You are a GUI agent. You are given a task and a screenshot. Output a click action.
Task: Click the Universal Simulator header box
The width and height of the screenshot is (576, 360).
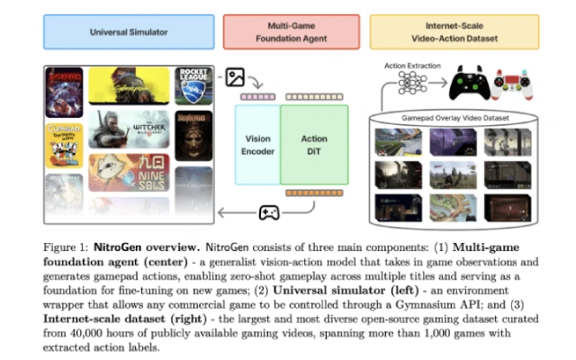coord(129,32)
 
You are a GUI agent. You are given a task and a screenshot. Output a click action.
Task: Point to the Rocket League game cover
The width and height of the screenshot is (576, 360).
coord(193,85)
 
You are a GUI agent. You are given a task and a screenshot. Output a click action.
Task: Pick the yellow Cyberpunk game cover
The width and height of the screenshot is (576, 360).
coord(130,85)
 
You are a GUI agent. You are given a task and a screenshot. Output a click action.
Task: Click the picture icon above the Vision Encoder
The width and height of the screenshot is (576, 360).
coord(236,77)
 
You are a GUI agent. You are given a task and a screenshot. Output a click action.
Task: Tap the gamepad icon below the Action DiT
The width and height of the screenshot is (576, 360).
coord(268,212)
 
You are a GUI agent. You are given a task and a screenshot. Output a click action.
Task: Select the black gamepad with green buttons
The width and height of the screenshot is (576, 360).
coord(469,83)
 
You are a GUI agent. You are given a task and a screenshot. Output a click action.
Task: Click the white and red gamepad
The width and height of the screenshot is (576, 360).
coord(517,83)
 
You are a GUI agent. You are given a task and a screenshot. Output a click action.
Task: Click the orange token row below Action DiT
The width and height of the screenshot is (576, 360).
coord(314,193)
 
